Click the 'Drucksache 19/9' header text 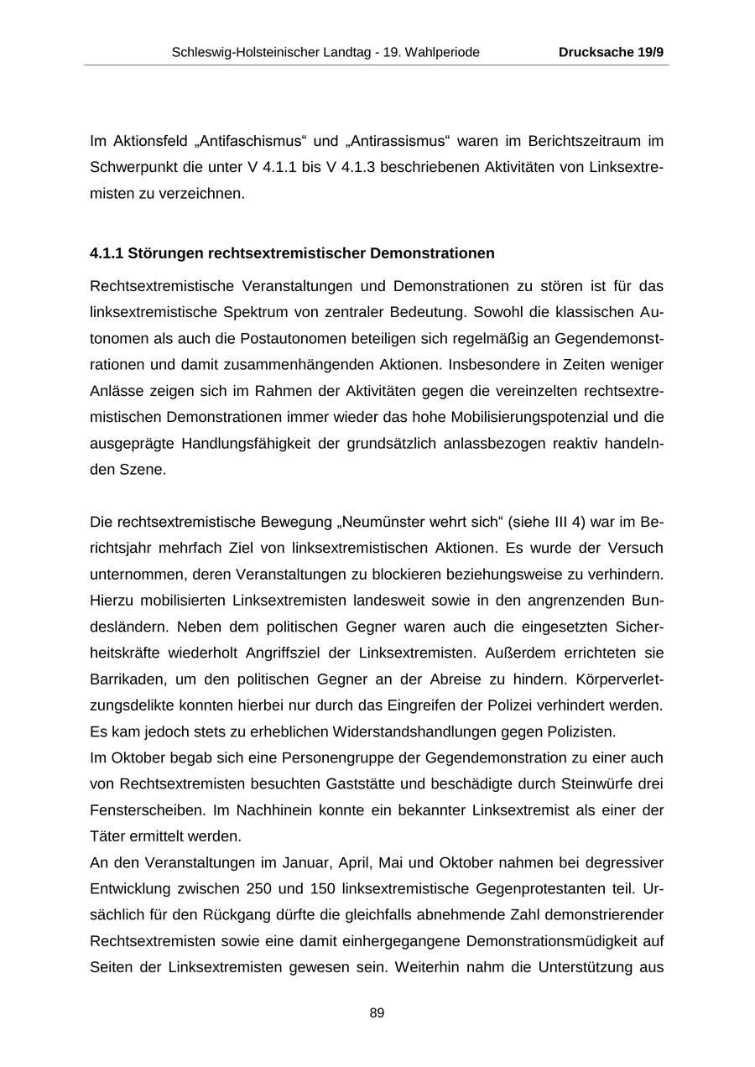611,52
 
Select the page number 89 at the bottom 377,1013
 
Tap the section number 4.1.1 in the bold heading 107,253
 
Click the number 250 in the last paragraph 259,888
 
